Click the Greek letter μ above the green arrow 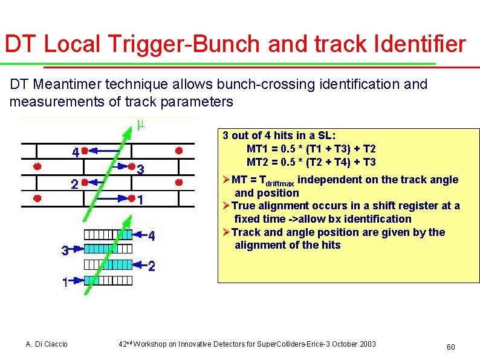click(x=140, y=125)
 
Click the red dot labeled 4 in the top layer click(x=85, y=149)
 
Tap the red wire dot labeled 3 click(x=131, y=165)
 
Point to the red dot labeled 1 click(x=131, y=197)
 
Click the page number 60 click(x=450, y=347)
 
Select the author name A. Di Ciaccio click(x=47, y=344)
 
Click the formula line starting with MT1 click(x=311, y=149)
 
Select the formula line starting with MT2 click(x=311, y=162)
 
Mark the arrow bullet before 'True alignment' click(x=227, y=206)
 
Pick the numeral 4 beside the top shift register click(x=151, y=236)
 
